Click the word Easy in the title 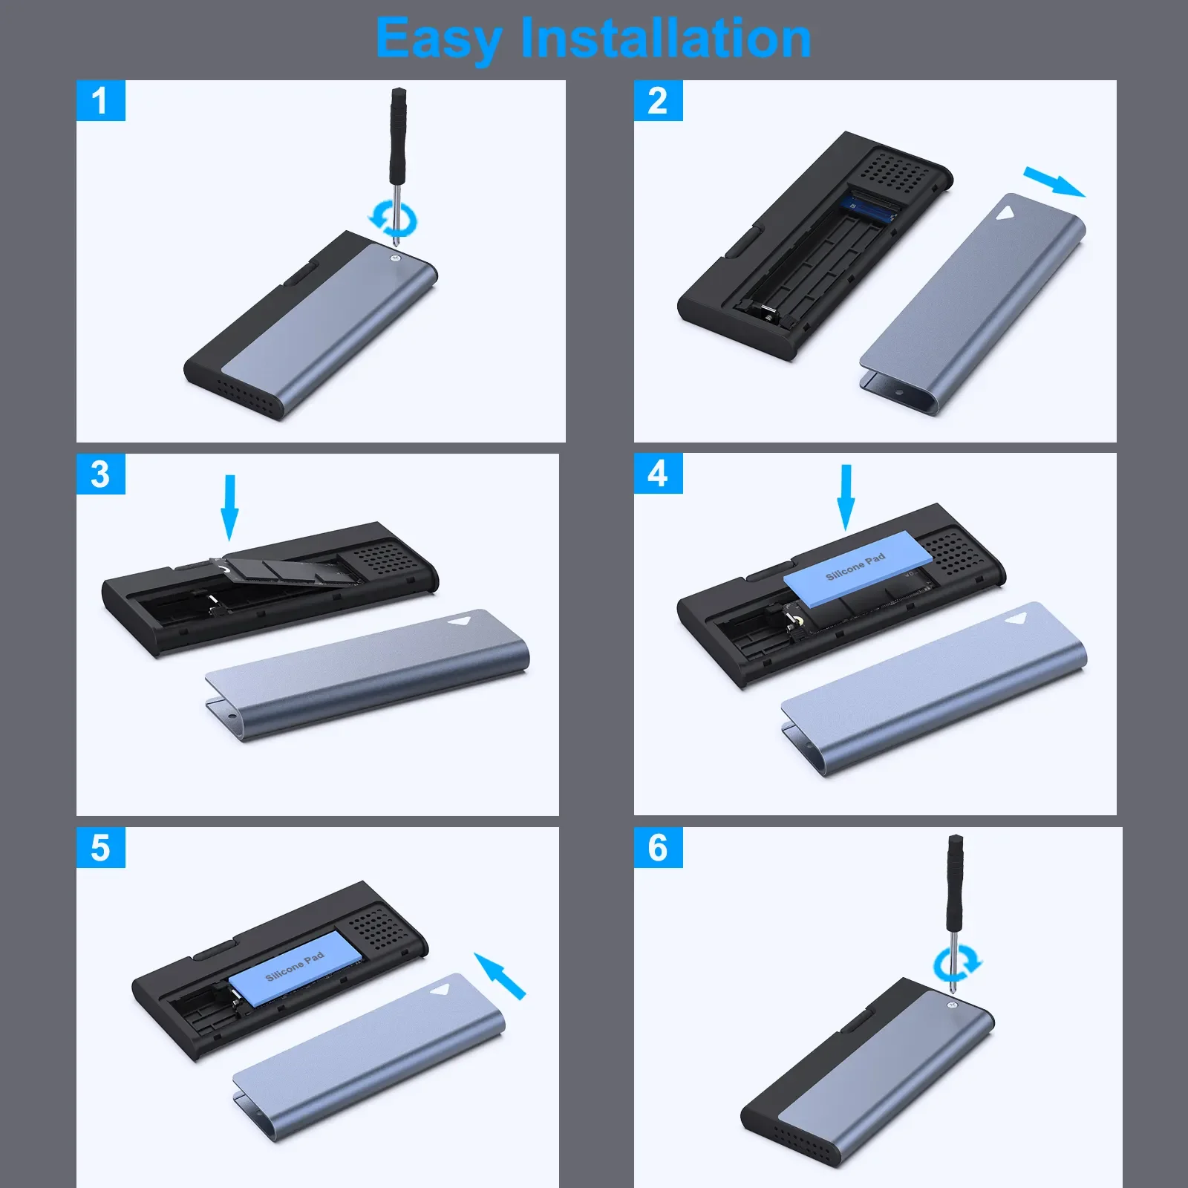(438, 39)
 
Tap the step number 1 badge (100, 101)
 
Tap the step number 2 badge (658, 101)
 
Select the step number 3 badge (100, 474)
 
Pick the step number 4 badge (658, 474)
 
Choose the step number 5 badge (100, 848)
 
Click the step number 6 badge (658, 848)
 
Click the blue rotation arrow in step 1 (394, 219)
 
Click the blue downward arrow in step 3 (230, 507)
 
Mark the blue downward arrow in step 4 (846, 497)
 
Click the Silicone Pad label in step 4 (855, 566)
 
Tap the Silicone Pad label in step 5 (295, 966)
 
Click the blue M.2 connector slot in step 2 (872, 207)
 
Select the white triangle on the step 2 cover (1005, 214)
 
